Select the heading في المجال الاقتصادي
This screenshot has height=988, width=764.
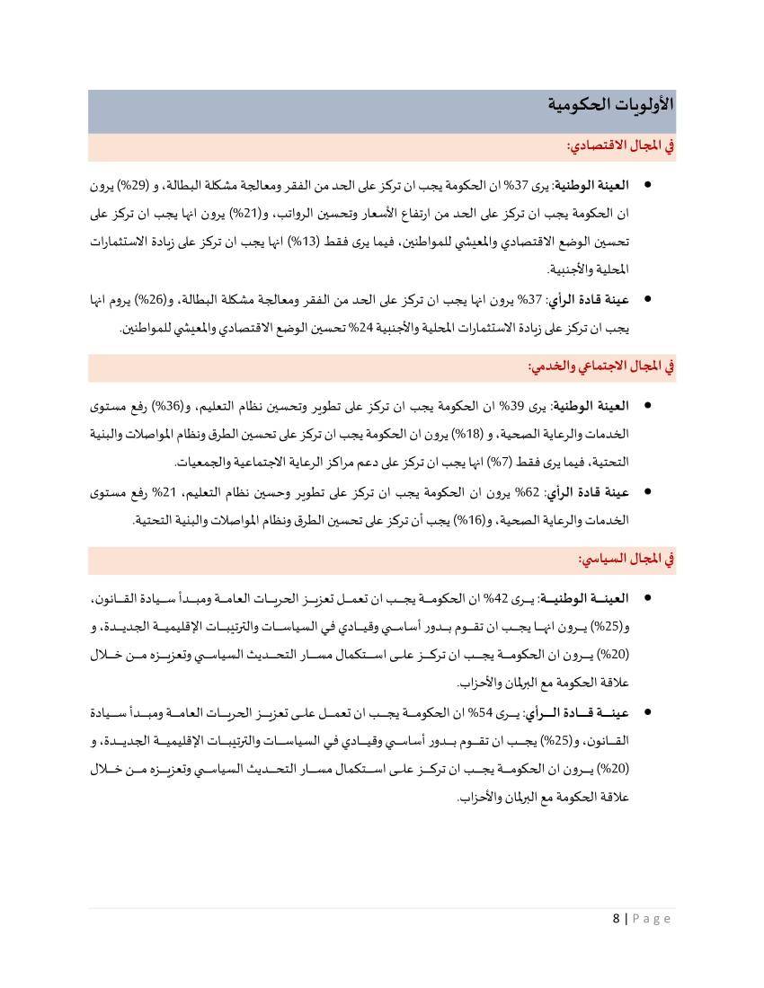[620, 146]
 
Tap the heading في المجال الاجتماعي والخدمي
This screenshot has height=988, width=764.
[600, 366]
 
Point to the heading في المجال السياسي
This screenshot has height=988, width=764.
[626, 559]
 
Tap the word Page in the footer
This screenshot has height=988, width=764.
[653, 918]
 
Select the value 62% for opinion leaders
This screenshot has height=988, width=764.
[528, 492]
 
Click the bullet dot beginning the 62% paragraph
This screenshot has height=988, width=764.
[647, 492]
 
